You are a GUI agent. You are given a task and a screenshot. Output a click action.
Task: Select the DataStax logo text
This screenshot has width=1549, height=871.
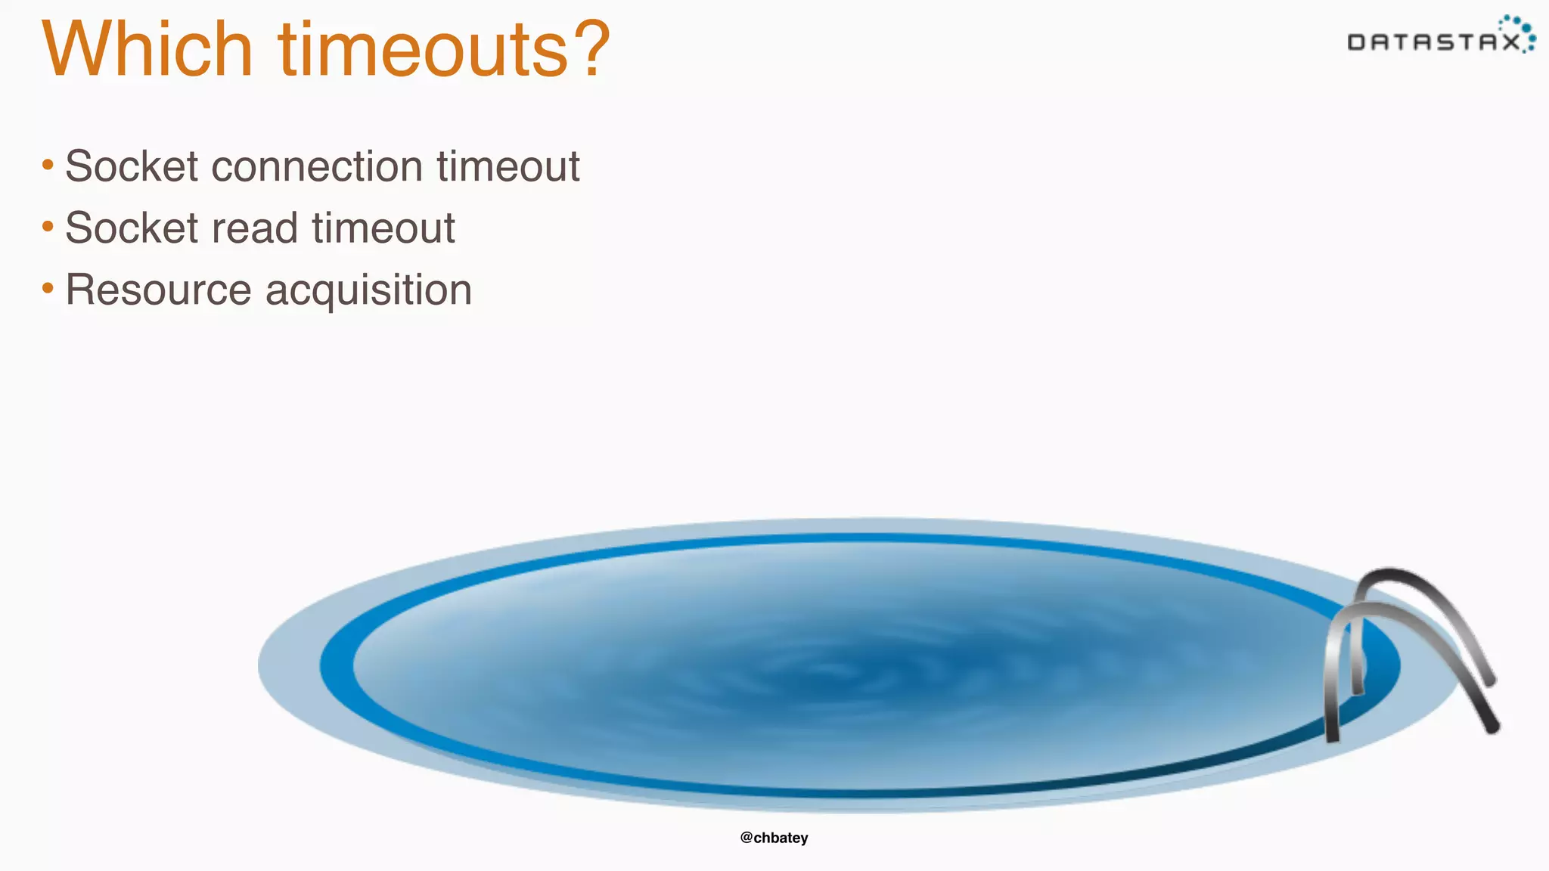[1433, 42]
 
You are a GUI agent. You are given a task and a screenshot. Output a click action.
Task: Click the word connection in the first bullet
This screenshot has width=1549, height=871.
[316, 166]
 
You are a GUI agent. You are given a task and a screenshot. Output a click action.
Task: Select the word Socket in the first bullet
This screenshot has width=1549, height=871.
[132, 166]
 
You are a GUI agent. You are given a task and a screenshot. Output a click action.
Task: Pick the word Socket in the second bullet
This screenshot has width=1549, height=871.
[132, 228]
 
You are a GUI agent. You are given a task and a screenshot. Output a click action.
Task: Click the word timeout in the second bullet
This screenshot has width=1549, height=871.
[383, 228]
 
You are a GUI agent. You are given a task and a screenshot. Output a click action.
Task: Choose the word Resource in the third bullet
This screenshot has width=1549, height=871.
[158, 290]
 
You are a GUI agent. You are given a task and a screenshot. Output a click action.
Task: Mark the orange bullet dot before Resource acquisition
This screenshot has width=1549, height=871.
[48, 288]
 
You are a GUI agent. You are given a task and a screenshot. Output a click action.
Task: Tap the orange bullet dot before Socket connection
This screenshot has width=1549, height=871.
[48, 164]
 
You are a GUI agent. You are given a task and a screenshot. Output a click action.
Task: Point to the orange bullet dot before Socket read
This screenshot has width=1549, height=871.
[48, 226]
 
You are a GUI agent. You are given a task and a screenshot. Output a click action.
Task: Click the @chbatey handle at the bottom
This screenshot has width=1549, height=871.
[774, 838]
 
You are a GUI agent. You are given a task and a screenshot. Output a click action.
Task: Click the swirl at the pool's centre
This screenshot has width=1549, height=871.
[832, 670]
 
